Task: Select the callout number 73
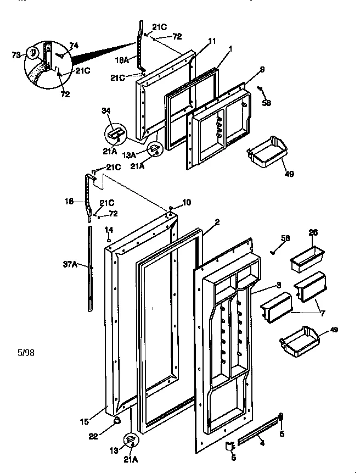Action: pyautogui.click(x=16, y=55)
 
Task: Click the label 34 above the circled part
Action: pyautogui.click(x=106, y=112)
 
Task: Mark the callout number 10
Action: pyautogui.click(x=187, y=203)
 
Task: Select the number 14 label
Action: pyautogui.click(x=109, y=229)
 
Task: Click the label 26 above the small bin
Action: pyautogui.click(x=313, y=232)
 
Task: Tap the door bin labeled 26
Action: pyautogui.click(x=307, y=257)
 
